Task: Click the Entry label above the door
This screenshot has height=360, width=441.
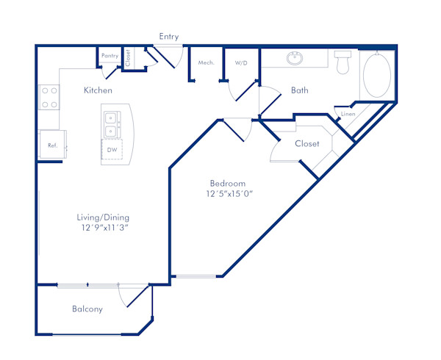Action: [x=168, y=37]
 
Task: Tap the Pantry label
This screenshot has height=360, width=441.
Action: [x=110, y=56]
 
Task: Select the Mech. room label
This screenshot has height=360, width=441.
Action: [x=207, y=63]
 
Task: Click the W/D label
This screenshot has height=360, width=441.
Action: [x=241, y=63]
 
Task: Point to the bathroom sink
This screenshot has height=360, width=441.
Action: [x=295, y=58]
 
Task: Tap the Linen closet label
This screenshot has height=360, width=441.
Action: [x=348, y=115]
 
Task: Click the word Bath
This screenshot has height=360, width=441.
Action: [x=300, y=91]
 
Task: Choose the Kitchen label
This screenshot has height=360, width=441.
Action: [x=98, y=90]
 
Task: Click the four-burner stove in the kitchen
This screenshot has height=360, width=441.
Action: [x=49, y=98]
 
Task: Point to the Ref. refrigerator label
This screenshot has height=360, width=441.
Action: [x=53, y=145]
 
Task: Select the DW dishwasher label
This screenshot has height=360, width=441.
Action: [x=112, y=151]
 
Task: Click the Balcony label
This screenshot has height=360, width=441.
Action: [x=87, y=309]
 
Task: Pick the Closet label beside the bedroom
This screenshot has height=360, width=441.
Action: [x=307, y=144]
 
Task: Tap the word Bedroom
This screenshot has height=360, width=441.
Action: [x=228, y=183]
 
